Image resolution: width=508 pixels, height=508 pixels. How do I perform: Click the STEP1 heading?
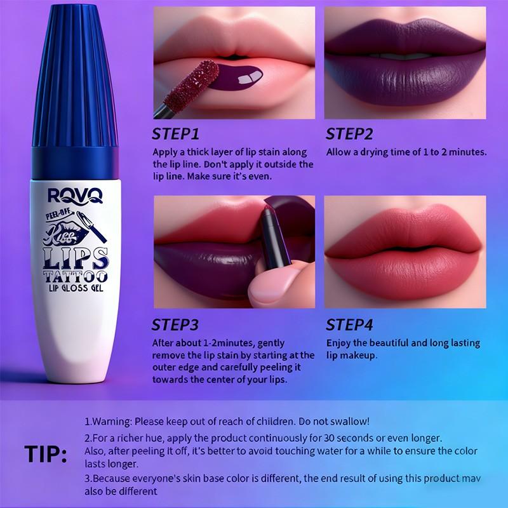point(175,135)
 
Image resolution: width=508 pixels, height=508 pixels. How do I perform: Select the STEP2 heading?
point(349,135)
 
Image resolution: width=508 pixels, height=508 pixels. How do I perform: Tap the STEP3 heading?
point(175,325)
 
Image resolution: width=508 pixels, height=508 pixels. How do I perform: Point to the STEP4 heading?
point(349,325)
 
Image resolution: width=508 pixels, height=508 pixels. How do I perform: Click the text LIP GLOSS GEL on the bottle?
point(74,289)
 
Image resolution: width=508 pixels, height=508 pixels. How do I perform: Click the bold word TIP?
point(45,455)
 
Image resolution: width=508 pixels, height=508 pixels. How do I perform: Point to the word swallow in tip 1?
point(347,422)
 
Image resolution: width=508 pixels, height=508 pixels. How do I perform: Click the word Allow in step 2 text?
point(339,152)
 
